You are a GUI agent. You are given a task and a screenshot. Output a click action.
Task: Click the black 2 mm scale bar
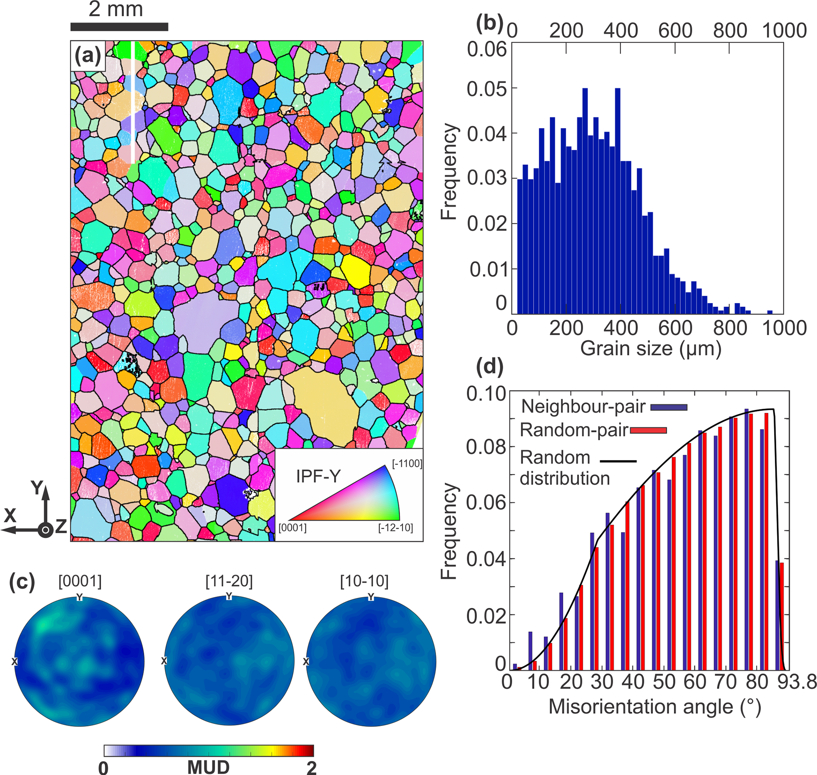(x=119, y=27)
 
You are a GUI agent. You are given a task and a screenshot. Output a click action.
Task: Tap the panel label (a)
(x=88, y=55)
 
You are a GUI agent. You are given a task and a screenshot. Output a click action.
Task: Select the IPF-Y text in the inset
(x=318, y=477)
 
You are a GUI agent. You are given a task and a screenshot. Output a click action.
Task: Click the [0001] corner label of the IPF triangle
(x=292, y=528)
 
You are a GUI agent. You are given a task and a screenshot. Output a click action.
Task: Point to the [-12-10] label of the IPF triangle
(x=396, y=528)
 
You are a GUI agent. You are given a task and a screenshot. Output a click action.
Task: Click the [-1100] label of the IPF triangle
(x=407, y=464)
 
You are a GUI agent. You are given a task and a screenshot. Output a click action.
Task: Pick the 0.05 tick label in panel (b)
(x=487, y=89)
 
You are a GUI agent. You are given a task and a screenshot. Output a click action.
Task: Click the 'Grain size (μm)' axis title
(x=651, y=349)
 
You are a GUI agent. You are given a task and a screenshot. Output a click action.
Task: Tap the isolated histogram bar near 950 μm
(x=770, y=312)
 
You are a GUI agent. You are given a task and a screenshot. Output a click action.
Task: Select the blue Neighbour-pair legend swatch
(x=669, y=407)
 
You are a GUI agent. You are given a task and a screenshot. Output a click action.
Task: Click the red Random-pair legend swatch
(x=648, y=430)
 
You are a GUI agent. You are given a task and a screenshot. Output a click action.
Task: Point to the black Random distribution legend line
(x=618, y=461)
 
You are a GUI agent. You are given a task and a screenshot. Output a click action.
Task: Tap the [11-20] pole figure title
(x=229, y=581)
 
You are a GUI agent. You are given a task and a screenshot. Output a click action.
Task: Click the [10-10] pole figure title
(x=364, y=581)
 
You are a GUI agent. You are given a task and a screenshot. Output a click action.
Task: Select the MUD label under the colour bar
(x=208, y=767)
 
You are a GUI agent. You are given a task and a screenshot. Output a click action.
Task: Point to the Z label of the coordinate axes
(x=61, y=527)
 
